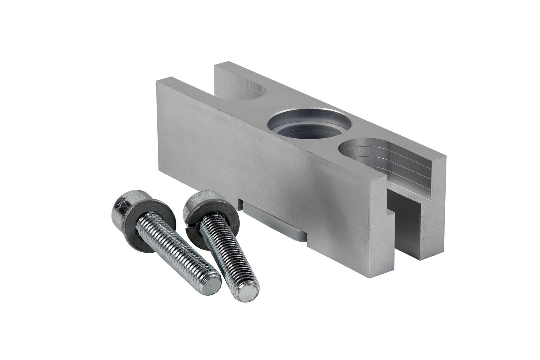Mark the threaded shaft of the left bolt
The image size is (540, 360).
pos(176,252)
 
